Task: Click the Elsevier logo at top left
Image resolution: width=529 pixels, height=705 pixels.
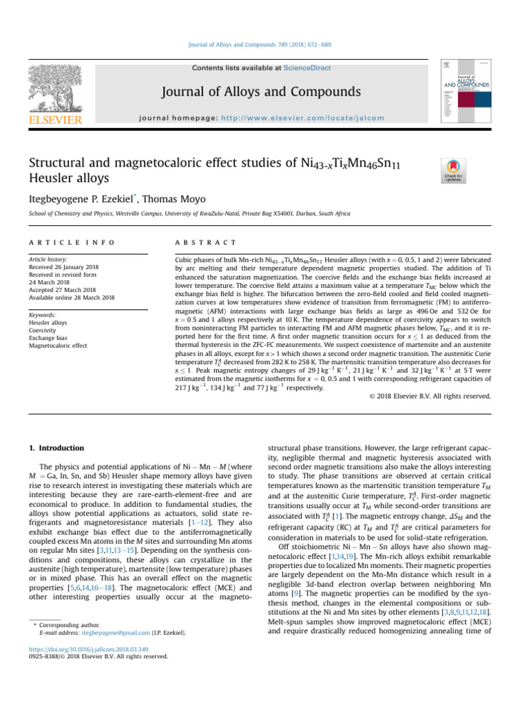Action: click(x=48, y=97)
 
